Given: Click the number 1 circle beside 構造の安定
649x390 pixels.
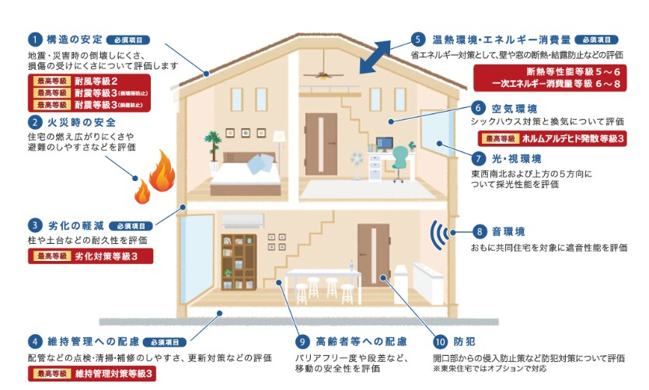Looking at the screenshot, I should coord(36,40).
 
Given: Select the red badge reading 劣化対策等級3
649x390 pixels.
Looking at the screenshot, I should coord(90,256).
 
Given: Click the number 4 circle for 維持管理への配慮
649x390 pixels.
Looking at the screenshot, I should coord(36,341).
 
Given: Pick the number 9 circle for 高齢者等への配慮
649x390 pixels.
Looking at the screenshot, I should coord(302,342).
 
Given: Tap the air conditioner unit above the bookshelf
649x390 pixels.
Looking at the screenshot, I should coord(244,221).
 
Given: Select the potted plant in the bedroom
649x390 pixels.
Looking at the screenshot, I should coord(211,144).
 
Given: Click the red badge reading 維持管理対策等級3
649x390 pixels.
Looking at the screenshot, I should coord(90,374).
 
